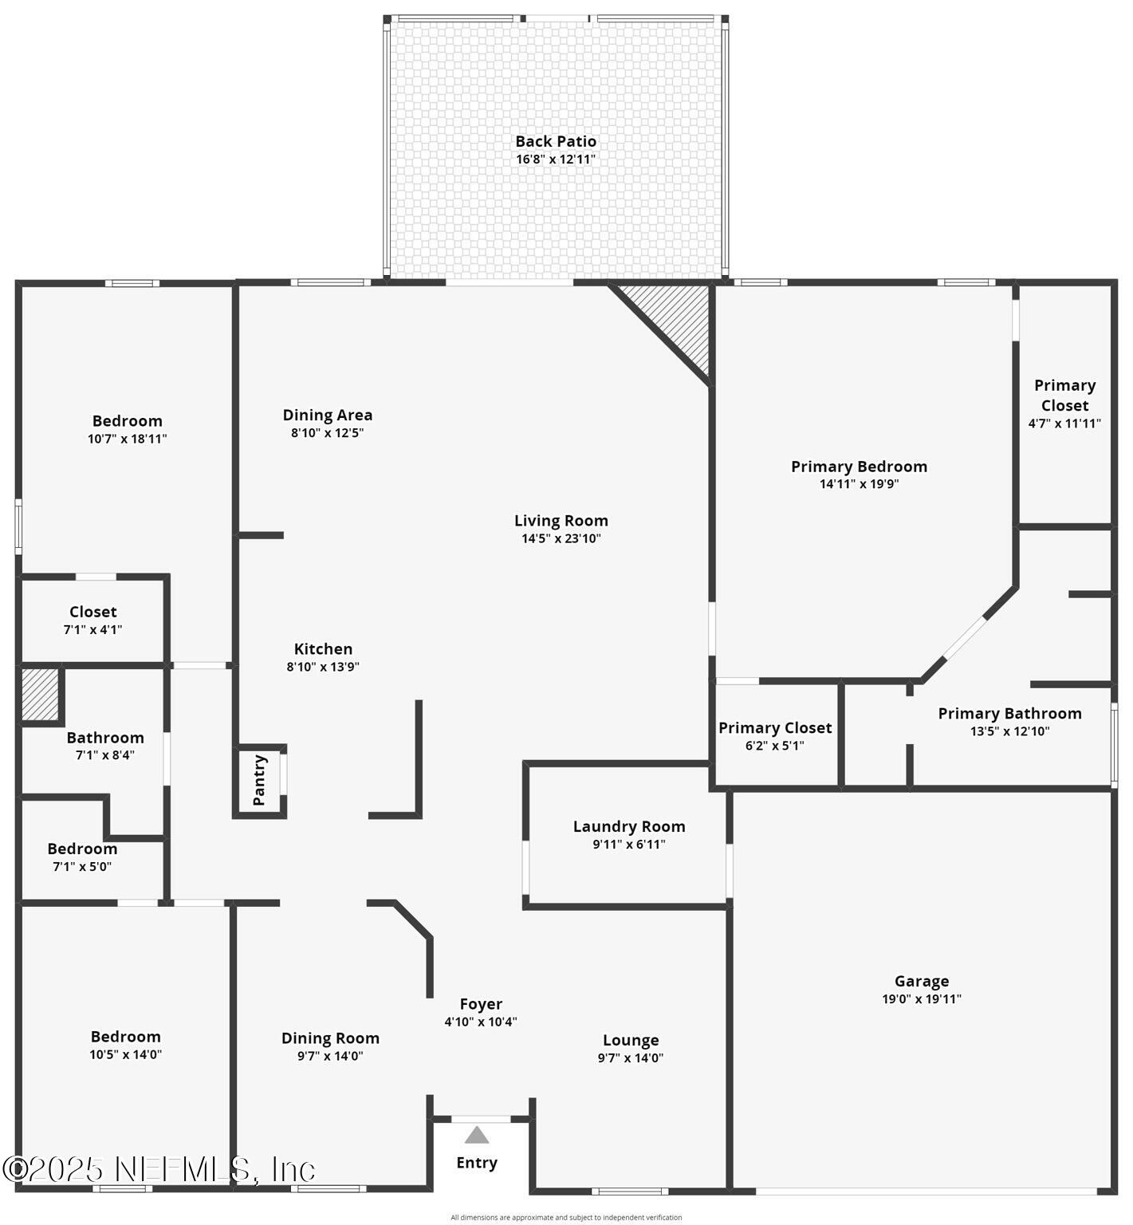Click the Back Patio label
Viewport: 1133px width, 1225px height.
556,141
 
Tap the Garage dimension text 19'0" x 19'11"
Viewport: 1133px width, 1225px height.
922,999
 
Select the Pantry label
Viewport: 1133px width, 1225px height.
259,780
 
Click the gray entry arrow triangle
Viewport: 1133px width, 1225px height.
477,1135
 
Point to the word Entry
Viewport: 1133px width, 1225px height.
477,1163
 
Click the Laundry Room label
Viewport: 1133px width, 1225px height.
629,826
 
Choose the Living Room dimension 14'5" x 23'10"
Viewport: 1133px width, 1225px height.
561,538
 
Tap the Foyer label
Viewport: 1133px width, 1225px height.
481,1004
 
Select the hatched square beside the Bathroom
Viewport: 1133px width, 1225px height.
40,693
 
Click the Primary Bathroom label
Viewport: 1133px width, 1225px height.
1009,713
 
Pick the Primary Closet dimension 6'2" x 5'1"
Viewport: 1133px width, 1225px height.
775,746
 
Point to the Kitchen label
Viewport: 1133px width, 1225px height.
323,649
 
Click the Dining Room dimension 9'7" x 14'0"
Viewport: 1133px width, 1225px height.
330,1056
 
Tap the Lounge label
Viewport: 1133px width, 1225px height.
631,1040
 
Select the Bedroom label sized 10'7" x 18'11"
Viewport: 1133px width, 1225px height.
128,421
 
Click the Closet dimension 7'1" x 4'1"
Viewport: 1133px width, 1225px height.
93,629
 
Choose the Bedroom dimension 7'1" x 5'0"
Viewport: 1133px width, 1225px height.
82,866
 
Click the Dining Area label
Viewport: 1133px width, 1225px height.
328,415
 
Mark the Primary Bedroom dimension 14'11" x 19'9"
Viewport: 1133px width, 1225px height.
860,483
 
